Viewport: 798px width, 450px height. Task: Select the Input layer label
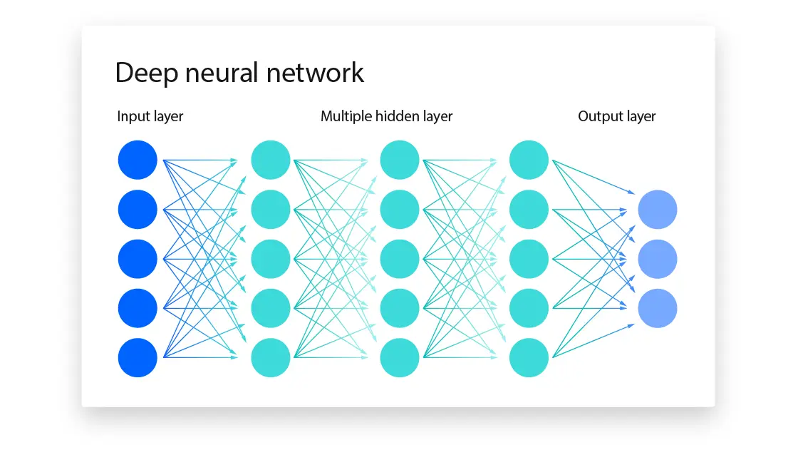(150, 116)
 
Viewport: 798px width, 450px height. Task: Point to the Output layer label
(616, 116)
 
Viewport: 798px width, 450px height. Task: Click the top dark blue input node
(138, 160)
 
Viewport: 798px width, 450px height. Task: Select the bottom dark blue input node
(138, 357)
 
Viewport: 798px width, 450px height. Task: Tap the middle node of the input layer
(138, 259)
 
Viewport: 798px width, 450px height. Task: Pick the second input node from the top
(138, 210)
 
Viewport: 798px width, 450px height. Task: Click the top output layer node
(657, 210)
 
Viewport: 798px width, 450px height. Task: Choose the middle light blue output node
(657, 259)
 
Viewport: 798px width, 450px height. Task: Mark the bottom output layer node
(657, 308)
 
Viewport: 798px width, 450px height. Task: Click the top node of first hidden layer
(271, 160)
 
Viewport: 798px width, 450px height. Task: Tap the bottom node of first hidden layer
(271, 357)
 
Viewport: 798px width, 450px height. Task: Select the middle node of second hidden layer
(400, 259)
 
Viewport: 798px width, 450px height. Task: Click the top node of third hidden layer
(529, 160)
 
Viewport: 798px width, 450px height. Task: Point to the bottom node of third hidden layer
(529, 357)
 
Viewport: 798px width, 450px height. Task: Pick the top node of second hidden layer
(400, 160)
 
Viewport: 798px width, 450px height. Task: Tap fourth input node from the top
(138, 308)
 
